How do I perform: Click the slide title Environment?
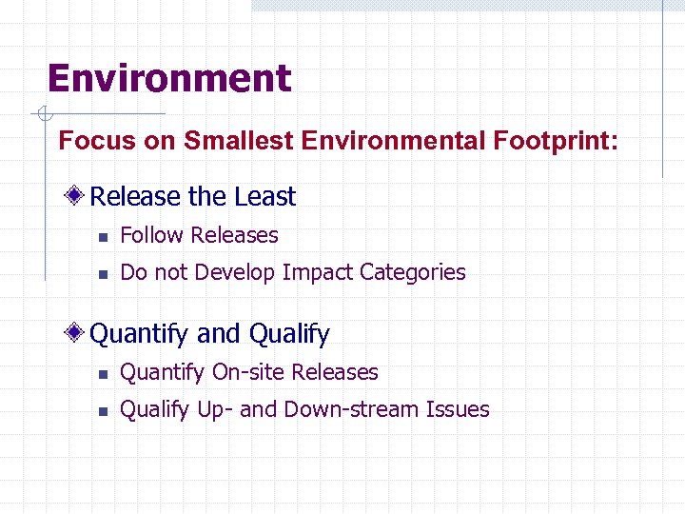click(169, 78)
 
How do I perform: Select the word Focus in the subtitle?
click(87, 142)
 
